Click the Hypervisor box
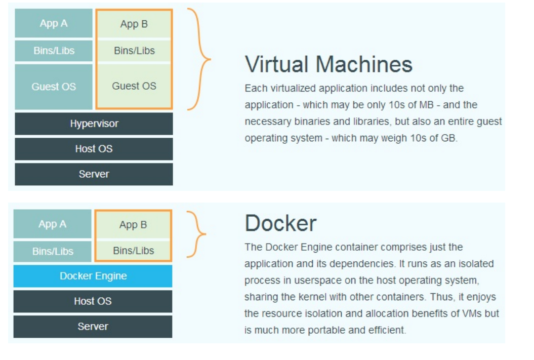tap(94, 124)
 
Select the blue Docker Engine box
tap(93, 276)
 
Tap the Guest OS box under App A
tap(54, 87)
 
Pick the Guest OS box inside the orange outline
tap(134, 86)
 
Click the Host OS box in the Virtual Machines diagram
tap(94, 149)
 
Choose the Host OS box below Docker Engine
tap(93, 301)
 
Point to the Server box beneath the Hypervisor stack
tap(94, 174)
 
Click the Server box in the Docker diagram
tap(93, 327)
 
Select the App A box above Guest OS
tap(54, 23)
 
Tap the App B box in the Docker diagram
tap(133, 225)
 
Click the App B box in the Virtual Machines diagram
tap(134, 24)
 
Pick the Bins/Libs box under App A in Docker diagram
tap(53, 251)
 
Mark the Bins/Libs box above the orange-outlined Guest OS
tap(134, 51)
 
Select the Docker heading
tap(280, 223)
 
